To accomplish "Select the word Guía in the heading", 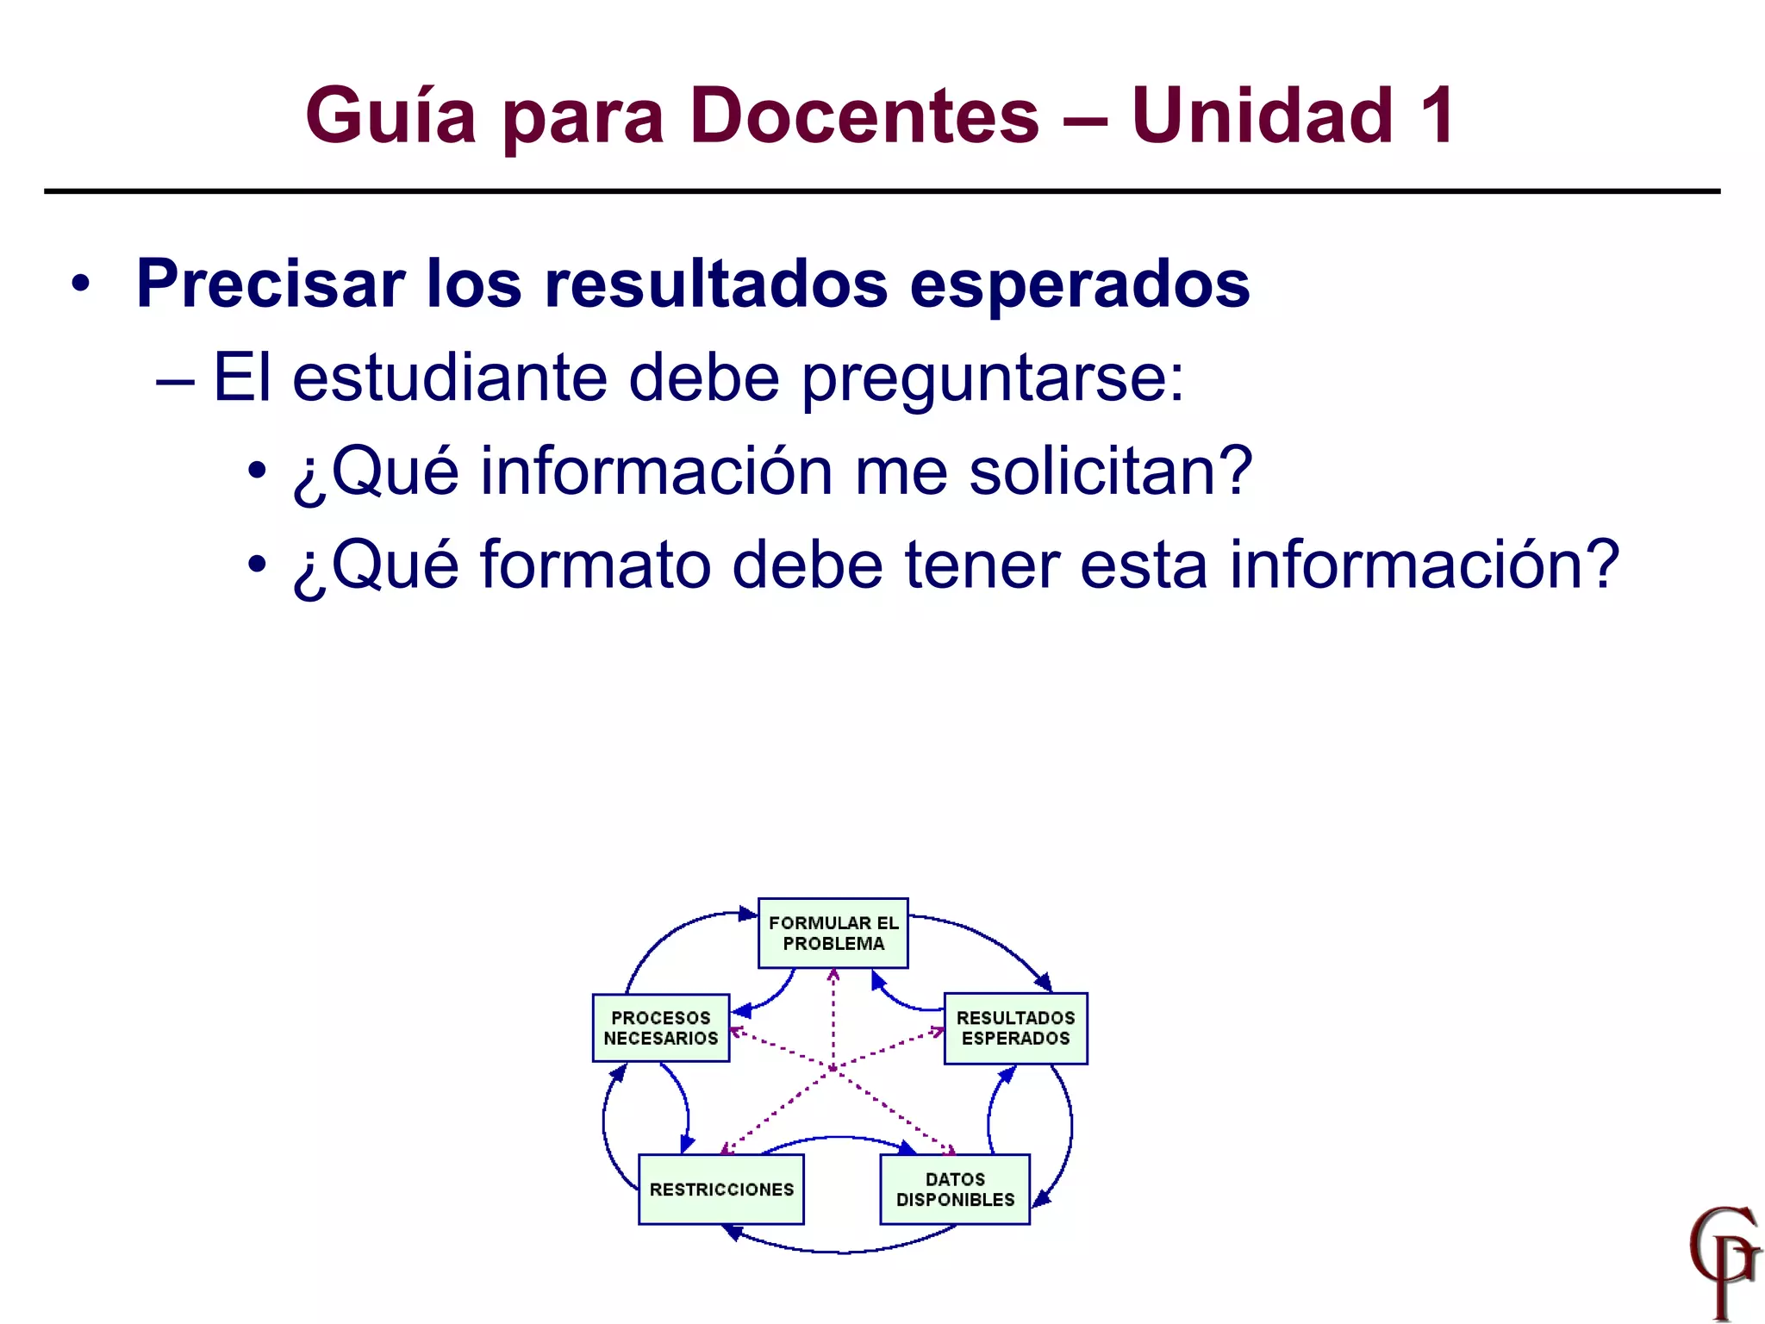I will (390, 116).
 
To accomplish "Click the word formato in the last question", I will (595, 565).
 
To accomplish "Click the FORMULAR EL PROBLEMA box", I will (833, 934).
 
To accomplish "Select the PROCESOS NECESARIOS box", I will (660, 1027).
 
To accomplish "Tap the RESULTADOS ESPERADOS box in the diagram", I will (1015, 1028).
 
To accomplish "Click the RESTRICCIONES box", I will (720, 1190).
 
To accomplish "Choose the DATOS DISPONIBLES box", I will (955, 1190).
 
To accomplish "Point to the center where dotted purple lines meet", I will (833, 1069).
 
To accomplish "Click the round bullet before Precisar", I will (80, 284).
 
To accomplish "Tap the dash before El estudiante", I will (175, 379).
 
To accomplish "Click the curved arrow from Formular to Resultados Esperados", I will (991, 940).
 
